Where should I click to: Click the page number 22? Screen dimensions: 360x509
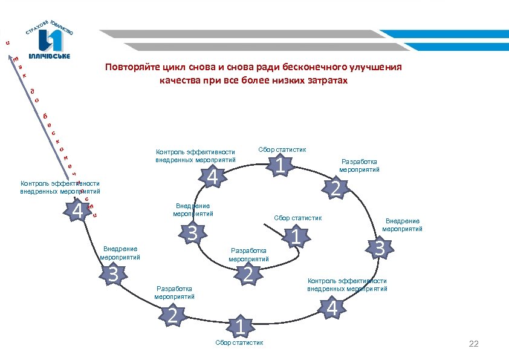473,344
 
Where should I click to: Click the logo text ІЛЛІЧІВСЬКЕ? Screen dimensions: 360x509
50,56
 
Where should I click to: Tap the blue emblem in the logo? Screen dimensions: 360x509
50,41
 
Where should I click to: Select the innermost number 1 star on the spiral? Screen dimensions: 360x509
296,236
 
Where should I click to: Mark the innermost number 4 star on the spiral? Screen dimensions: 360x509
212,177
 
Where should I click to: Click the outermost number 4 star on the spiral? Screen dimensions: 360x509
77,211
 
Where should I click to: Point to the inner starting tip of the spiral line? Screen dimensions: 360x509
264,224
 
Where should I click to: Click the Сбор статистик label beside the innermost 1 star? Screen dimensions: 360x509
297,218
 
